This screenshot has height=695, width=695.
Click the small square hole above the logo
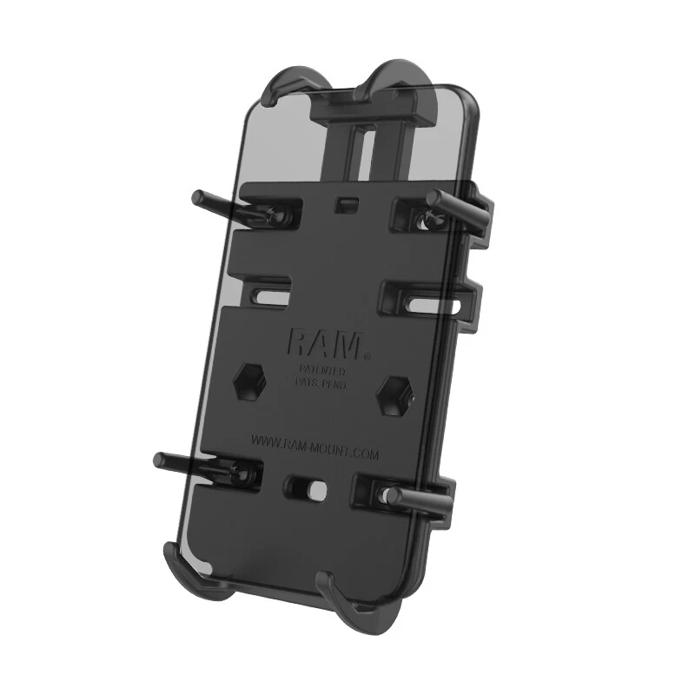(x=346, y=203)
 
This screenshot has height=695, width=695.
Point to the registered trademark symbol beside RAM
(x=367, y=356)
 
